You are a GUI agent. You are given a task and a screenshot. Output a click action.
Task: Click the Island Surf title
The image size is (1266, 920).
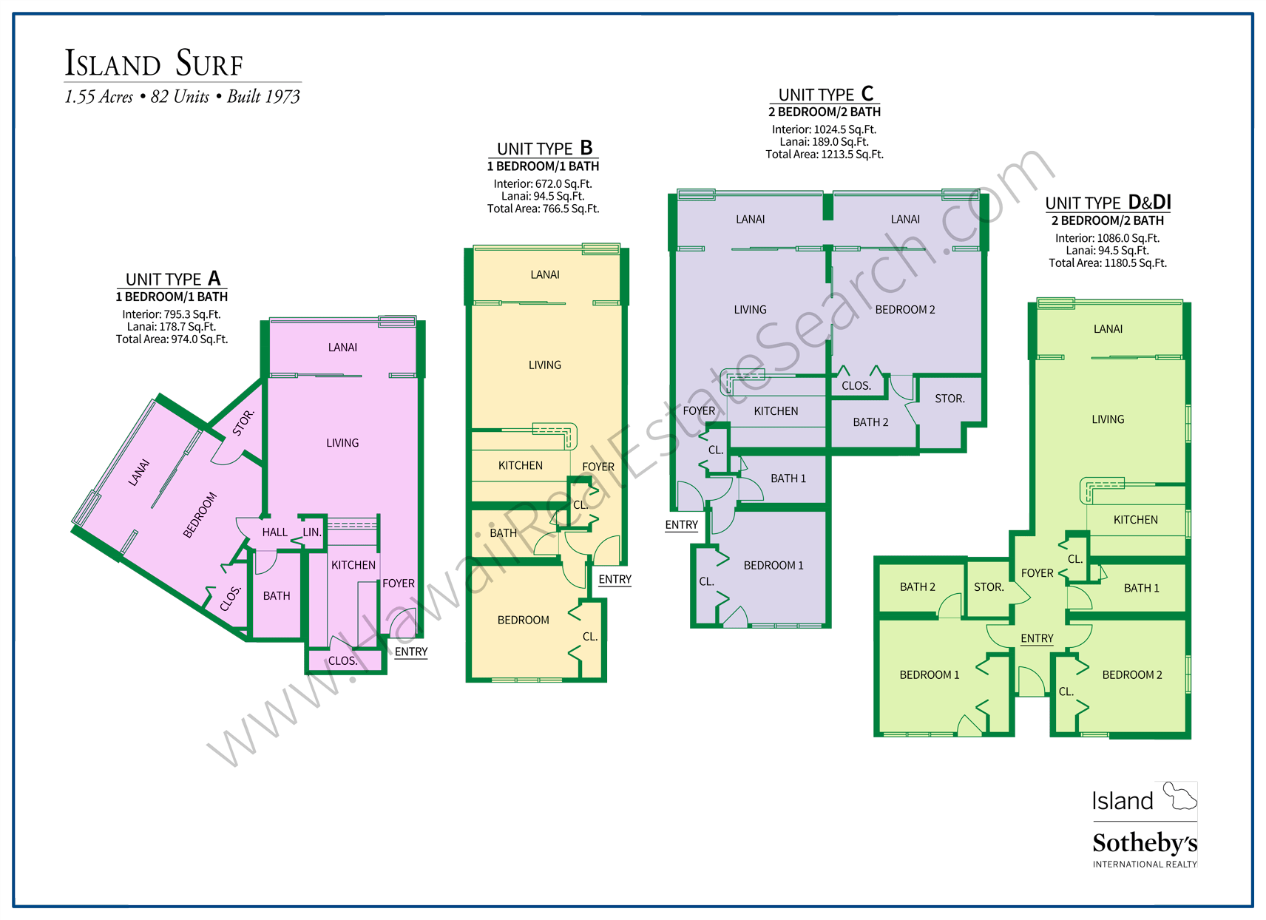point(154,64)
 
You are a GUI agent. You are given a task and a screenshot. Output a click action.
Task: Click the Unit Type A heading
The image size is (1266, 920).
point(172,279)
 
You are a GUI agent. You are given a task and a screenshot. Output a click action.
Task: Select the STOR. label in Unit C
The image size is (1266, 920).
point(949,399)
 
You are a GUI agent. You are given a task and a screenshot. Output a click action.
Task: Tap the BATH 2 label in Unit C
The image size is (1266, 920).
point(870,422)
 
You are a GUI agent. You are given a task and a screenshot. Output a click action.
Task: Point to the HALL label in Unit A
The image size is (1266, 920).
point(274,532)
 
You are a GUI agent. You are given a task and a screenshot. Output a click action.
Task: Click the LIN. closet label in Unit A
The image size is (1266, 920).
point(312,532)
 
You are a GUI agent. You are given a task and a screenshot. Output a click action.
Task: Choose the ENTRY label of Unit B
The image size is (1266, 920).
point(615,579)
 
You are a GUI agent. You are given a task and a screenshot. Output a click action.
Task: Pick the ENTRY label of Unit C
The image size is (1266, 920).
point(681,524)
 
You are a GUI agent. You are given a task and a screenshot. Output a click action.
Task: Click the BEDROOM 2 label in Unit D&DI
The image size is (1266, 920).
point(1131,674)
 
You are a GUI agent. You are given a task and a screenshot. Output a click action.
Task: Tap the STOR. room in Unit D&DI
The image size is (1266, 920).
point(989,587)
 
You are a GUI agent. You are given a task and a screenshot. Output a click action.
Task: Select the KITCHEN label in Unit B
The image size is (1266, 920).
point(520,465)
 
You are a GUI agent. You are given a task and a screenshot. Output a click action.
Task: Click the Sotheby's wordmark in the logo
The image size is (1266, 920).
point(1144,843)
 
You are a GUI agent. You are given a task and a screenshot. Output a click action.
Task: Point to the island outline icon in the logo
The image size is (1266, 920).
point(1179,796)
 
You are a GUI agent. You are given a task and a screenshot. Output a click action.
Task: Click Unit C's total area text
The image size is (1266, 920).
point(824,155)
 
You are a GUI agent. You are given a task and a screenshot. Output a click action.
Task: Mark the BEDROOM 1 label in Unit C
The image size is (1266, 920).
point(773,565)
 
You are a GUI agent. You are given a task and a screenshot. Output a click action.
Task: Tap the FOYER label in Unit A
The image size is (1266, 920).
point(399,584)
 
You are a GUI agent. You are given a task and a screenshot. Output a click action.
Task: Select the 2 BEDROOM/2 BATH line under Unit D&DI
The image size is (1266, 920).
point(1107,220)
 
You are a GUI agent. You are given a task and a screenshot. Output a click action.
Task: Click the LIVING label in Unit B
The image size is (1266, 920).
point(544,365)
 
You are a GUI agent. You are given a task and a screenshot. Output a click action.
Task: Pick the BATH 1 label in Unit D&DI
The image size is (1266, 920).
point(1141,588)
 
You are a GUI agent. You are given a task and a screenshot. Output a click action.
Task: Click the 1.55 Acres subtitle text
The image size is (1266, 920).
point(99,97)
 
